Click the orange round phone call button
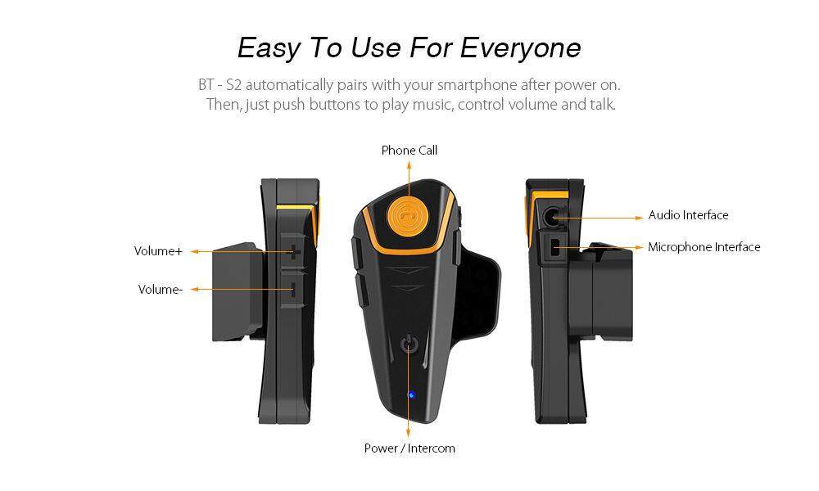pyautogui.click(x=409, y=214)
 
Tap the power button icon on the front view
pyautogui.click(x=409, y=344)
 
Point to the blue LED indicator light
pyautogui.click(x=411, y=394)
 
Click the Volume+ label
pyautogui.click(x=158, y=251)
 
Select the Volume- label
pyautogui.click(x=161, y=289)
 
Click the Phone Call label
pyautogui.click(x=409, y=151)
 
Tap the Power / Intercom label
pyautogui.click(x=409, y=448)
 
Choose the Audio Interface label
pyautogui.click(x=688, y=215)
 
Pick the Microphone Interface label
pyautogui.click(x=704, y=247)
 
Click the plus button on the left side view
pyautogui.click(x=294, y=251)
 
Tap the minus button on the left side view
pyautogui.click(x=293, y=290)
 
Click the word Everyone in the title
pyautogui.click(x=520, y=48)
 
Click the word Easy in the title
pyautogui.click(x=269, y=48)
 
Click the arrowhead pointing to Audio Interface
pyautogui.click(x=640, y=218)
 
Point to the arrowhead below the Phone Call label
pyautogui.click(x=409, y=164)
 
